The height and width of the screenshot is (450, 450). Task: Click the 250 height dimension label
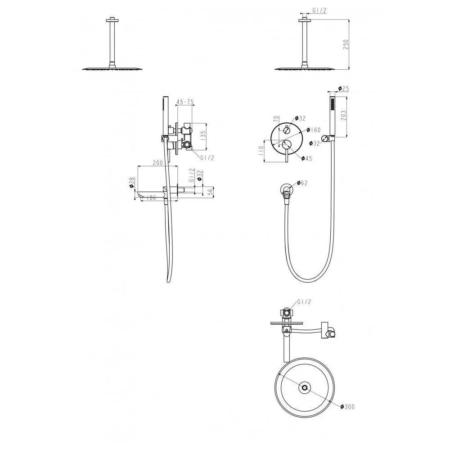(346, 44)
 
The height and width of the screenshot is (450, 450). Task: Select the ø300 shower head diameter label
(347, 407)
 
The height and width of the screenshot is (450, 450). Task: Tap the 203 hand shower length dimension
(343, 115)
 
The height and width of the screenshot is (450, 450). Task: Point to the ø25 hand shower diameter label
(343, 89)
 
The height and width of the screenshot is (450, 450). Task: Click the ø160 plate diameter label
(313, 130)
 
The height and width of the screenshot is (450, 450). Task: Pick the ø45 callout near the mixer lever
(306, 158)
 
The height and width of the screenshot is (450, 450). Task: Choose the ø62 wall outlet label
(302, 183)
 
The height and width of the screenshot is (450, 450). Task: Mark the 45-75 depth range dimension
(185, 102)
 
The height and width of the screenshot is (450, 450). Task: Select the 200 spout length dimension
(157, 163)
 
